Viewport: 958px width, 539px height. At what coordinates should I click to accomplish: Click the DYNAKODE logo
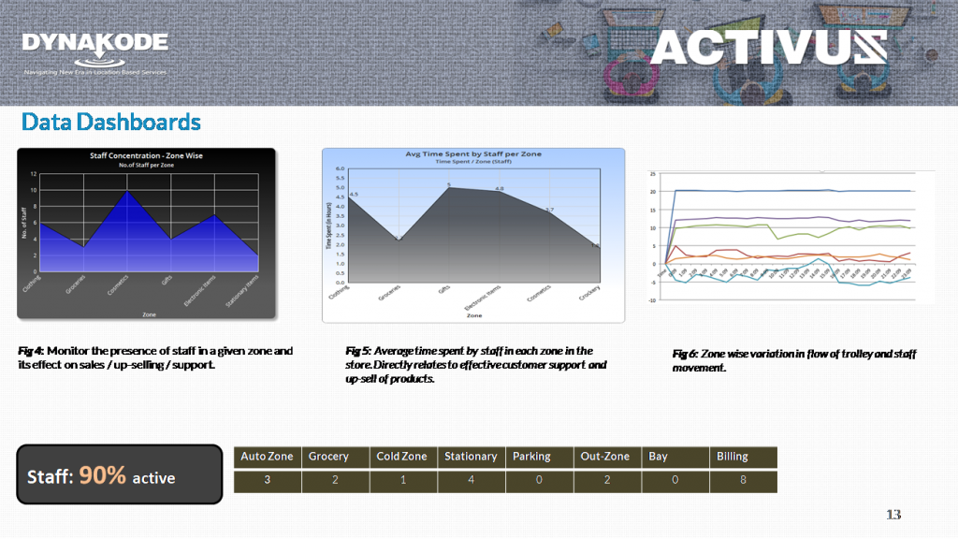click(94, 44)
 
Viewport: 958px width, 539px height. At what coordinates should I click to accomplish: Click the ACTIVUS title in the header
click(767, 47)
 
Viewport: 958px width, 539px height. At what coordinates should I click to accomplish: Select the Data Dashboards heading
click(111, 123)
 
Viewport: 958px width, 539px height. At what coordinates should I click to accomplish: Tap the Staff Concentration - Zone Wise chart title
click(146, 155)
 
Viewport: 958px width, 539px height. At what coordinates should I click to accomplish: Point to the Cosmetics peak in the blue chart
click(128, 192)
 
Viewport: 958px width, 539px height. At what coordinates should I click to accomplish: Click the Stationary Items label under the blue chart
click(243, 294)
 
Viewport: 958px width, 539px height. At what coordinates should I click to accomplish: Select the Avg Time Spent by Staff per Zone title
click(473, 153)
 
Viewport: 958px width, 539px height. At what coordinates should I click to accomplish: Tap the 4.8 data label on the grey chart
click(500, 189)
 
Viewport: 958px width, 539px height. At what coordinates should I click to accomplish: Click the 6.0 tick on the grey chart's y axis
click(341, 169)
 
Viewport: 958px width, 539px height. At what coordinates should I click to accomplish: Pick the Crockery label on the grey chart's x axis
click(589, 299)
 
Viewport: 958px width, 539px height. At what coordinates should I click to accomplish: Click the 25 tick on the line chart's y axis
click(653, 174)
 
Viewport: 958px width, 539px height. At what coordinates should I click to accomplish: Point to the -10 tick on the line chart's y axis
click(651, 300)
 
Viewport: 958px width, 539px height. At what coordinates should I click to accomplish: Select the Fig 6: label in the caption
click(685, 354)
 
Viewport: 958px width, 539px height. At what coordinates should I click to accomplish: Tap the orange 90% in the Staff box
click(103, 475)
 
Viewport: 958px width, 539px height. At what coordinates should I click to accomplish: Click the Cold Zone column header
click(401, 457)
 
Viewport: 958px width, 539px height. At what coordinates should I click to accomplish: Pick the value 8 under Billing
click(744, 481)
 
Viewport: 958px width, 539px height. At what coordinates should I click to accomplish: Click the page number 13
click(893, 515)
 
